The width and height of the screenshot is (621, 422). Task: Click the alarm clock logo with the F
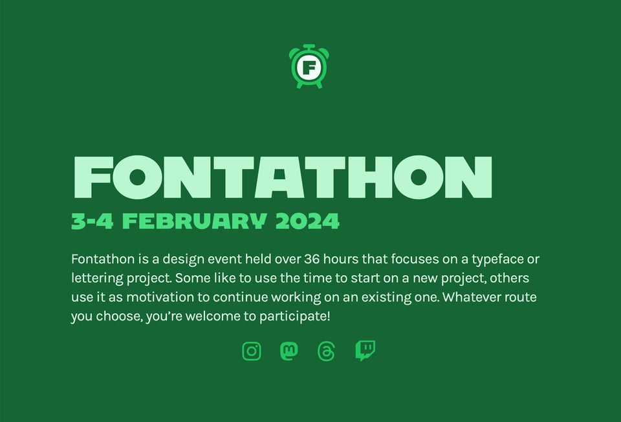(x=309, y=66)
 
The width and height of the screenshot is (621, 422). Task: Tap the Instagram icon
(x=252, y=351)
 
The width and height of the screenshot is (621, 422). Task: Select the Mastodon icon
(x=289, y=351)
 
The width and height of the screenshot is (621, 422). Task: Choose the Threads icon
(x=327, y=351)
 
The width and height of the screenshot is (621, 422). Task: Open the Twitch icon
(x=365, y=351)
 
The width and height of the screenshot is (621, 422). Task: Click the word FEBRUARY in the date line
(x=195, y=222)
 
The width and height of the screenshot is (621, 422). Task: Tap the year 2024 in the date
(x=307, y=222)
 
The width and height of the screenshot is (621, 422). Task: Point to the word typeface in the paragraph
(x=499, y=260)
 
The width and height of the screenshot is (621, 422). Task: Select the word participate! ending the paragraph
(x=295, y=316)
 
